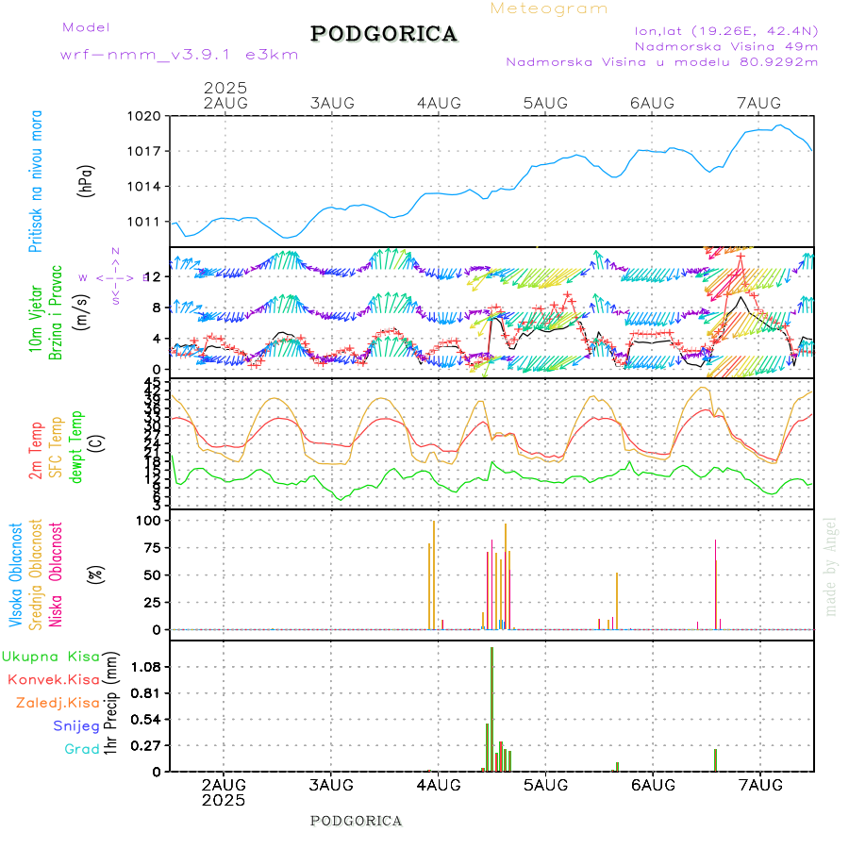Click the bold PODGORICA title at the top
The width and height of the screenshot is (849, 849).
point(384,34)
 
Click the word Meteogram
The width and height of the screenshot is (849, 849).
point(549,8)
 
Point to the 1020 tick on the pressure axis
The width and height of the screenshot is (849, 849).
point(146,116)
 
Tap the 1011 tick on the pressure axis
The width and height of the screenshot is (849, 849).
point(146,222)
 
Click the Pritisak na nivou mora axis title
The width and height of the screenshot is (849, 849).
point(36,180)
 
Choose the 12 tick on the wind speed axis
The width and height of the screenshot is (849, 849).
point(154,276)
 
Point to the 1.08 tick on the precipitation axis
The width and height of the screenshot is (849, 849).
point(148,667)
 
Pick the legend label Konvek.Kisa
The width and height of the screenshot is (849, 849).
point(54,679)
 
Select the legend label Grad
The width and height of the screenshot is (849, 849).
point(82,750)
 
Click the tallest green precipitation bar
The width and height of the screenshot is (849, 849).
point(491,707)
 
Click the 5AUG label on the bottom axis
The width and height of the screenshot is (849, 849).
point(544,785)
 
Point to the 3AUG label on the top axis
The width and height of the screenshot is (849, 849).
point(332,103)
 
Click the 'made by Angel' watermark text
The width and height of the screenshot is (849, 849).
point(831,566)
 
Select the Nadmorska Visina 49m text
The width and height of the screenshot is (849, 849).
point(725,45)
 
